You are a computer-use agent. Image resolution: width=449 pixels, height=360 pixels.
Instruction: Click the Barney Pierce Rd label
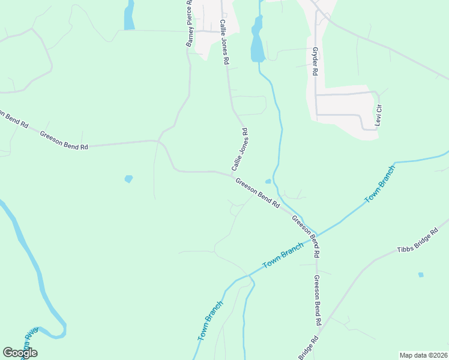190,24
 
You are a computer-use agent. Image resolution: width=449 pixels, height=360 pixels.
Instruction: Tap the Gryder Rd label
314,61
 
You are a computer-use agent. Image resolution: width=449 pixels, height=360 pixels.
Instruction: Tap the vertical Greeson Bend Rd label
317,301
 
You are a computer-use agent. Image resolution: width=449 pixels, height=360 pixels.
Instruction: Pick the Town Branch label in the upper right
381,185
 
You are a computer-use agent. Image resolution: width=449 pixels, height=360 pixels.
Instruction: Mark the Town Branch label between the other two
283,257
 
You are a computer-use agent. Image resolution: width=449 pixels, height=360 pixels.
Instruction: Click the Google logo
20,353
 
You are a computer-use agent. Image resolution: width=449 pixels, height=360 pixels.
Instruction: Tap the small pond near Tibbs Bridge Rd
421,275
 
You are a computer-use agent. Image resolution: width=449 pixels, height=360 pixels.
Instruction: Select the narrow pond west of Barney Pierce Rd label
129,15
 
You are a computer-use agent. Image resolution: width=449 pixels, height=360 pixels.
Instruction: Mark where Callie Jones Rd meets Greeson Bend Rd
232,174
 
